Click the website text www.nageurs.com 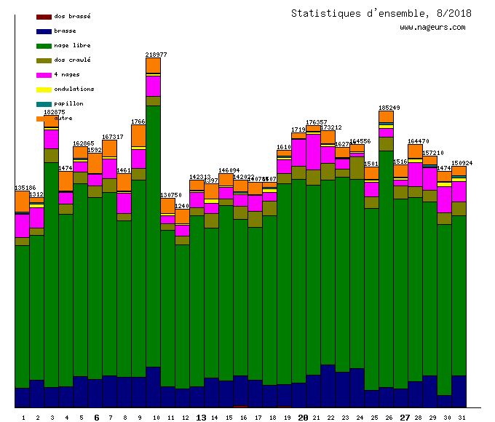coord(432,28)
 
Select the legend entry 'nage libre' coord(72,45)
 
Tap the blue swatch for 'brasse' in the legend coord(44,31)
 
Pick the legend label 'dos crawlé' coord(72,60)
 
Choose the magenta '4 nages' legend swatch coord(44,75)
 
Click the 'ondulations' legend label coord(74,89)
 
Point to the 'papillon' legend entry coord(68,103)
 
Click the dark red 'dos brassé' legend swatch coord(44,17)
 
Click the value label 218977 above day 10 coord(156,55)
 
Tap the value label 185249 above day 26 coord(389,108)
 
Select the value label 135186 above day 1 coord(25,188)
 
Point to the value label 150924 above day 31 coord(462,163)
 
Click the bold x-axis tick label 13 coord(202,418)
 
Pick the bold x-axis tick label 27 coord(405,418)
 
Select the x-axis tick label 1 coord(23,418)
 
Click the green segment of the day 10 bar coord(153,233)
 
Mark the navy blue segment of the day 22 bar coord(328,386)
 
